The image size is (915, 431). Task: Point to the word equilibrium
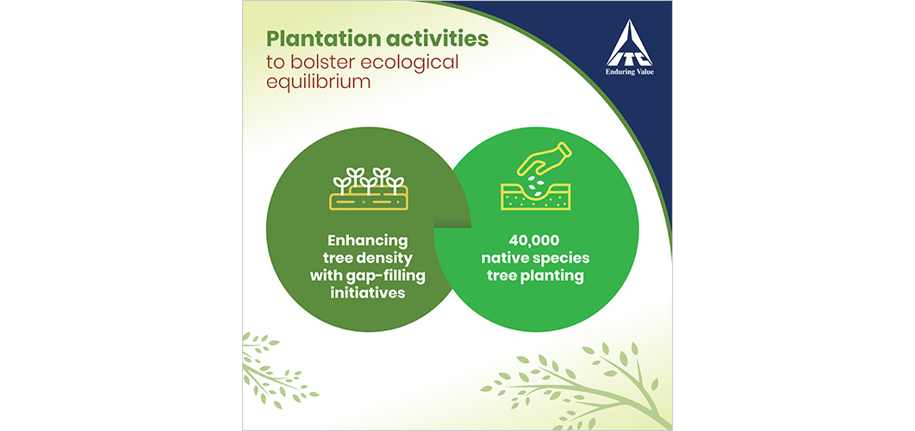319,81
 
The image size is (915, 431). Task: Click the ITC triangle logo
628,44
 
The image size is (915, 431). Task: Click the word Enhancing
367,240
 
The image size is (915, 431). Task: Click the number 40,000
535,240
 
